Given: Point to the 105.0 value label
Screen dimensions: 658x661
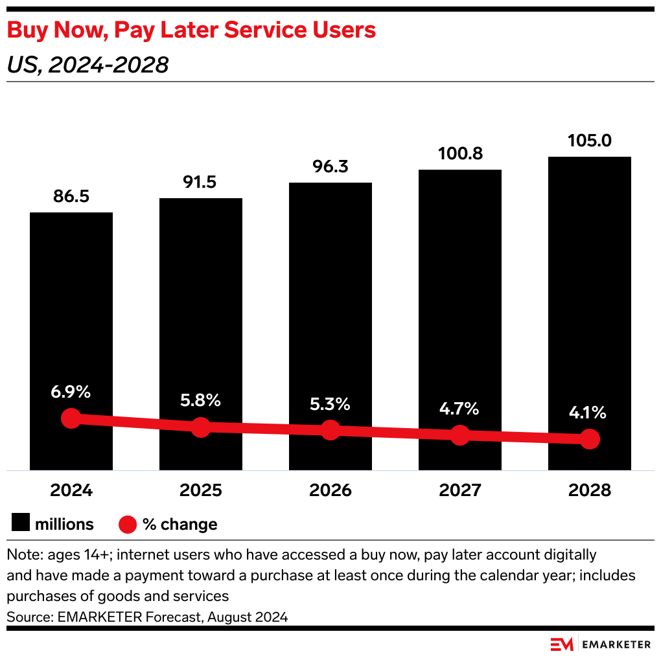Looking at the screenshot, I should point(590,141).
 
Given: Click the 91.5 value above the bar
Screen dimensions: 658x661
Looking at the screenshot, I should point(201,182).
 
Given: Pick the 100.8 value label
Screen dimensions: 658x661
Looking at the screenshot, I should point(460,153).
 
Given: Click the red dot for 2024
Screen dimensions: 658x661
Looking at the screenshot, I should point(71,418).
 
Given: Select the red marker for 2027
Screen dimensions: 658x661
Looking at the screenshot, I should point(460,435).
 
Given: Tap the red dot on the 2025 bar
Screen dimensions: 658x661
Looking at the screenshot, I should point(201,427).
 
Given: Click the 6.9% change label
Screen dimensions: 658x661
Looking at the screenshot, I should point(71,391).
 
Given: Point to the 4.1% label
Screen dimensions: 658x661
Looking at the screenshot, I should point(588,412).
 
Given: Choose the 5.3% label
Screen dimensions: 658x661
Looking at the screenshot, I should point(330,405).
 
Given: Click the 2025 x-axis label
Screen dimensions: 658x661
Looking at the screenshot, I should point(201,490).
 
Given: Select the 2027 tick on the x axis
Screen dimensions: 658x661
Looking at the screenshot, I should point(460,490).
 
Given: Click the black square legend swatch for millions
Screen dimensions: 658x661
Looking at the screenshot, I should point(21,523).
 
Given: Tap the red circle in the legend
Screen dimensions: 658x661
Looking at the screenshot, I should point(128,524).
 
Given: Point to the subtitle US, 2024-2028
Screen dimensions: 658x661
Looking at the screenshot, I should point(87,65).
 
